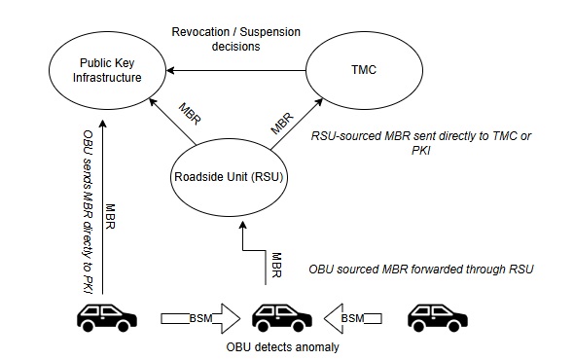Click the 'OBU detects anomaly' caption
(x=283, y=346)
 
